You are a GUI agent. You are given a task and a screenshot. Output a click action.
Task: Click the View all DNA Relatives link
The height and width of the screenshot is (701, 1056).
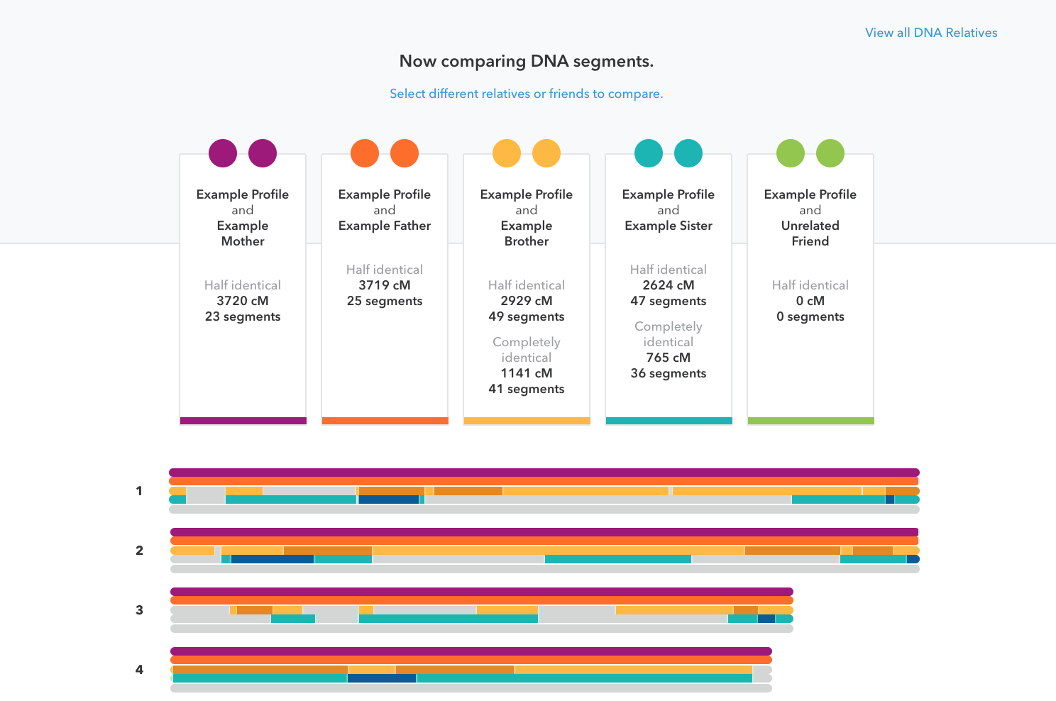coord(931,33)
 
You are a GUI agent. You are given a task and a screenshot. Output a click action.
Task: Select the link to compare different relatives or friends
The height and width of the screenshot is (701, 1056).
coord(526,94)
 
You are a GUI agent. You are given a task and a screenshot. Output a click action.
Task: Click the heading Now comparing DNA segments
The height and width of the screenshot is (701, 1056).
coord(526,61)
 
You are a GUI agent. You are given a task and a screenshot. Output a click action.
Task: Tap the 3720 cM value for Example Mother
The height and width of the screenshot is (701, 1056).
coord(242,301)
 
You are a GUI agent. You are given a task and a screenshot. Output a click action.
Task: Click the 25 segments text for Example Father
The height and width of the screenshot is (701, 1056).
coord(384,301)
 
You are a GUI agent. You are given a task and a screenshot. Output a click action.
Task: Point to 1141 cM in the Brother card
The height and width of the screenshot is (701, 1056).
coord(526,373)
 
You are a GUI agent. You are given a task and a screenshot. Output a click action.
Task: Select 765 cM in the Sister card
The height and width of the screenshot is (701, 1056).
coord(668,358)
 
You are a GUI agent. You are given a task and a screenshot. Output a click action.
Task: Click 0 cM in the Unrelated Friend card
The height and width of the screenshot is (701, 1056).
coord(810,301)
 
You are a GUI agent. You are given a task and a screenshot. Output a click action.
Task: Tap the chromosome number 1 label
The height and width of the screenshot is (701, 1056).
coord(139,491)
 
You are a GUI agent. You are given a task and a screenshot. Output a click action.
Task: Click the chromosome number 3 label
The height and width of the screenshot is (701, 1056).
coord(139,610)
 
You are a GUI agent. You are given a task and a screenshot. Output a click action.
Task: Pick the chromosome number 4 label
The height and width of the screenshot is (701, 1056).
coord(139,669)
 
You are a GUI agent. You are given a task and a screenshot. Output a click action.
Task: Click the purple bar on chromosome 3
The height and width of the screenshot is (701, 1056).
coord(482,592)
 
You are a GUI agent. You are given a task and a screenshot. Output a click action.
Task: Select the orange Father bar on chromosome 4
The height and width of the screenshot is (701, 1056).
coord(471,660)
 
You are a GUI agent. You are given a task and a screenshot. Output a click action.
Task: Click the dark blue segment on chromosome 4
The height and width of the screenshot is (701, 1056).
coord(382,678)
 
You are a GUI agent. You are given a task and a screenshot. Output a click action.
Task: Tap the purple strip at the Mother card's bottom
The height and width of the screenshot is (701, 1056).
coord(243,421)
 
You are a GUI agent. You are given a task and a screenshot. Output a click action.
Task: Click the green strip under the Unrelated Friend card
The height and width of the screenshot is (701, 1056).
coord(811,421)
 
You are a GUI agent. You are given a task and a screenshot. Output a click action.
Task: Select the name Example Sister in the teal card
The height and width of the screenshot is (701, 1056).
coord(668,226)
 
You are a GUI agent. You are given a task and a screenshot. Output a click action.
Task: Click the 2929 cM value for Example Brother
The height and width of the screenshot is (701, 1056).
coord(526,301)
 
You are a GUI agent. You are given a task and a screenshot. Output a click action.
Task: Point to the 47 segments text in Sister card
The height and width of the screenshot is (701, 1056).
coord(668,301)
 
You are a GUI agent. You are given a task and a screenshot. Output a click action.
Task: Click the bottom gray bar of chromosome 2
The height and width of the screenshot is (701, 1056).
coord(545,569)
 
